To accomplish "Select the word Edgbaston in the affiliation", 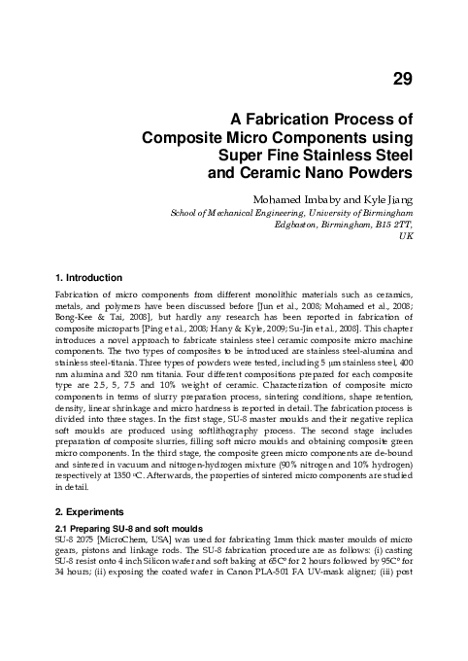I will coord(300,224).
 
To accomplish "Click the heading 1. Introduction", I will coord(88,278).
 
